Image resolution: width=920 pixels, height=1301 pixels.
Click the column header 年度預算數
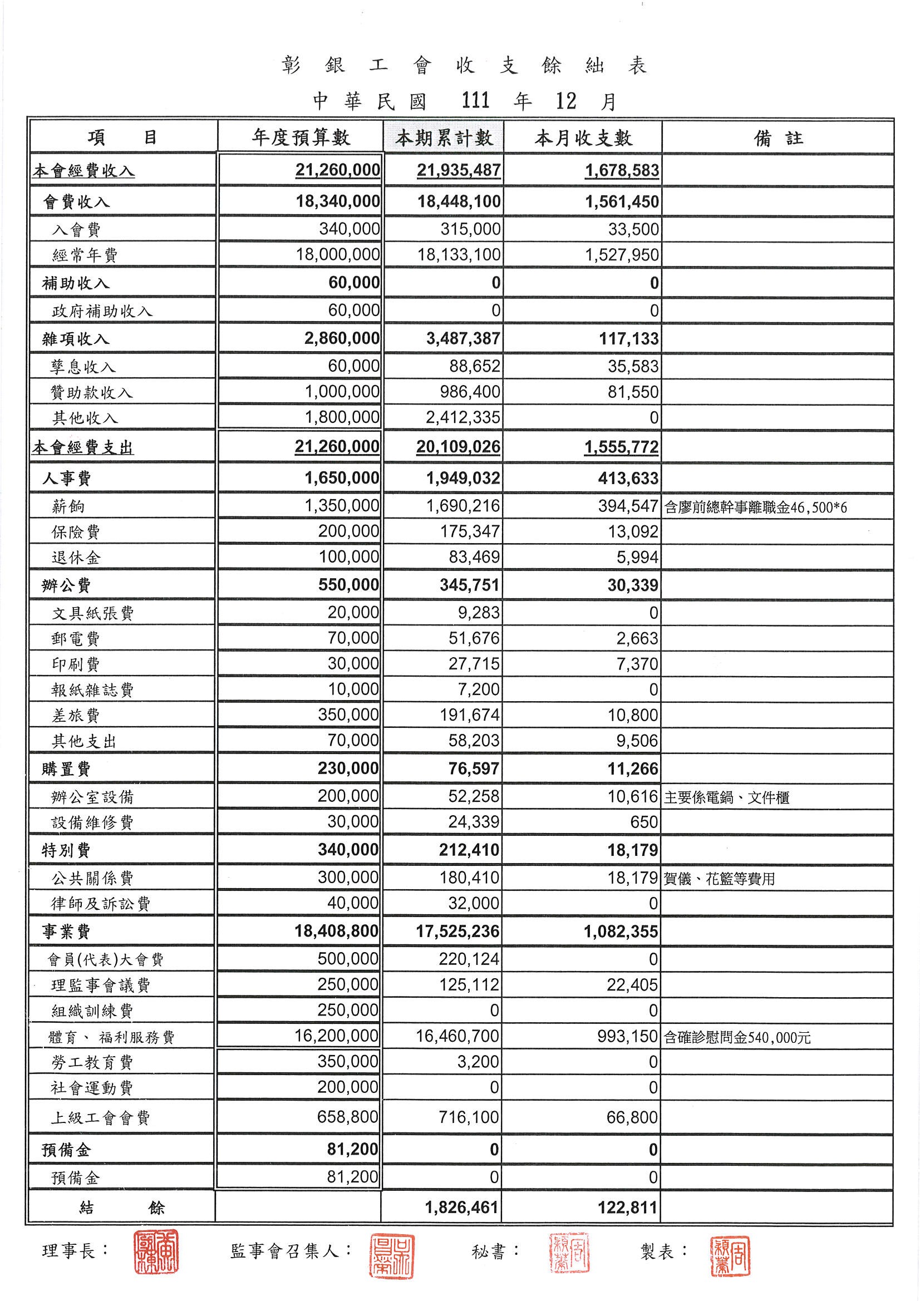point(301,137)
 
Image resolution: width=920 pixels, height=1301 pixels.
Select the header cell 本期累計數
point(444,137)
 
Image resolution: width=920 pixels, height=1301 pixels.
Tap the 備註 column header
point(778,137)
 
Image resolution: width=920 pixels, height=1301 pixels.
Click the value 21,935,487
point(459,171)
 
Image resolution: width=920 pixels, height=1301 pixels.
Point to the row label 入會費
point(76,229)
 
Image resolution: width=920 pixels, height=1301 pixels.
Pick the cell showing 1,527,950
point(622,255)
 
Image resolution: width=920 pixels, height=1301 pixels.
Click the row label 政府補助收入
point(102,311)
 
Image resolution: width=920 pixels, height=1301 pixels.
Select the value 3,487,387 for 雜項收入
point(463,339)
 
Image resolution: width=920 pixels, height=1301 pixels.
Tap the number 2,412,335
point(463,417)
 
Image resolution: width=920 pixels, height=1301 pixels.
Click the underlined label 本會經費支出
point(83,447)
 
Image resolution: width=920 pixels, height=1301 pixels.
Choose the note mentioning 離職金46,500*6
point(755,507)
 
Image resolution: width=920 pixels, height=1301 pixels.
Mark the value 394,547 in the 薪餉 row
point(627,506)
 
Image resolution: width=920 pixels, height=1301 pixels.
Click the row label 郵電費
point(76,639)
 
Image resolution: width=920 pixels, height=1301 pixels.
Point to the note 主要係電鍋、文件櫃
point(726,797)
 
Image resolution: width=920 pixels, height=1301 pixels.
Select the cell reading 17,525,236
point(457,932)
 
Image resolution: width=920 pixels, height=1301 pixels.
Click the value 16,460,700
point(457,1036)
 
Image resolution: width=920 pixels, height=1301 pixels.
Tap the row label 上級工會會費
point(100,1118)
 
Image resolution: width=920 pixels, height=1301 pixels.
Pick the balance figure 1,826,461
point(462,1208)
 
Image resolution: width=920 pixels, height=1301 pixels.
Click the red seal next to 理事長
point(156,1251)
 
